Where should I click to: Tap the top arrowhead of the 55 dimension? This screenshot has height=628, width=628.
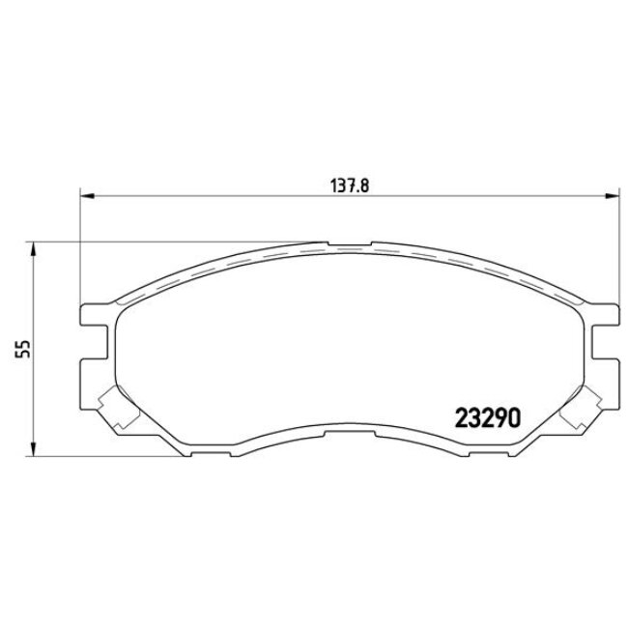click(x=35, y=248)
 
